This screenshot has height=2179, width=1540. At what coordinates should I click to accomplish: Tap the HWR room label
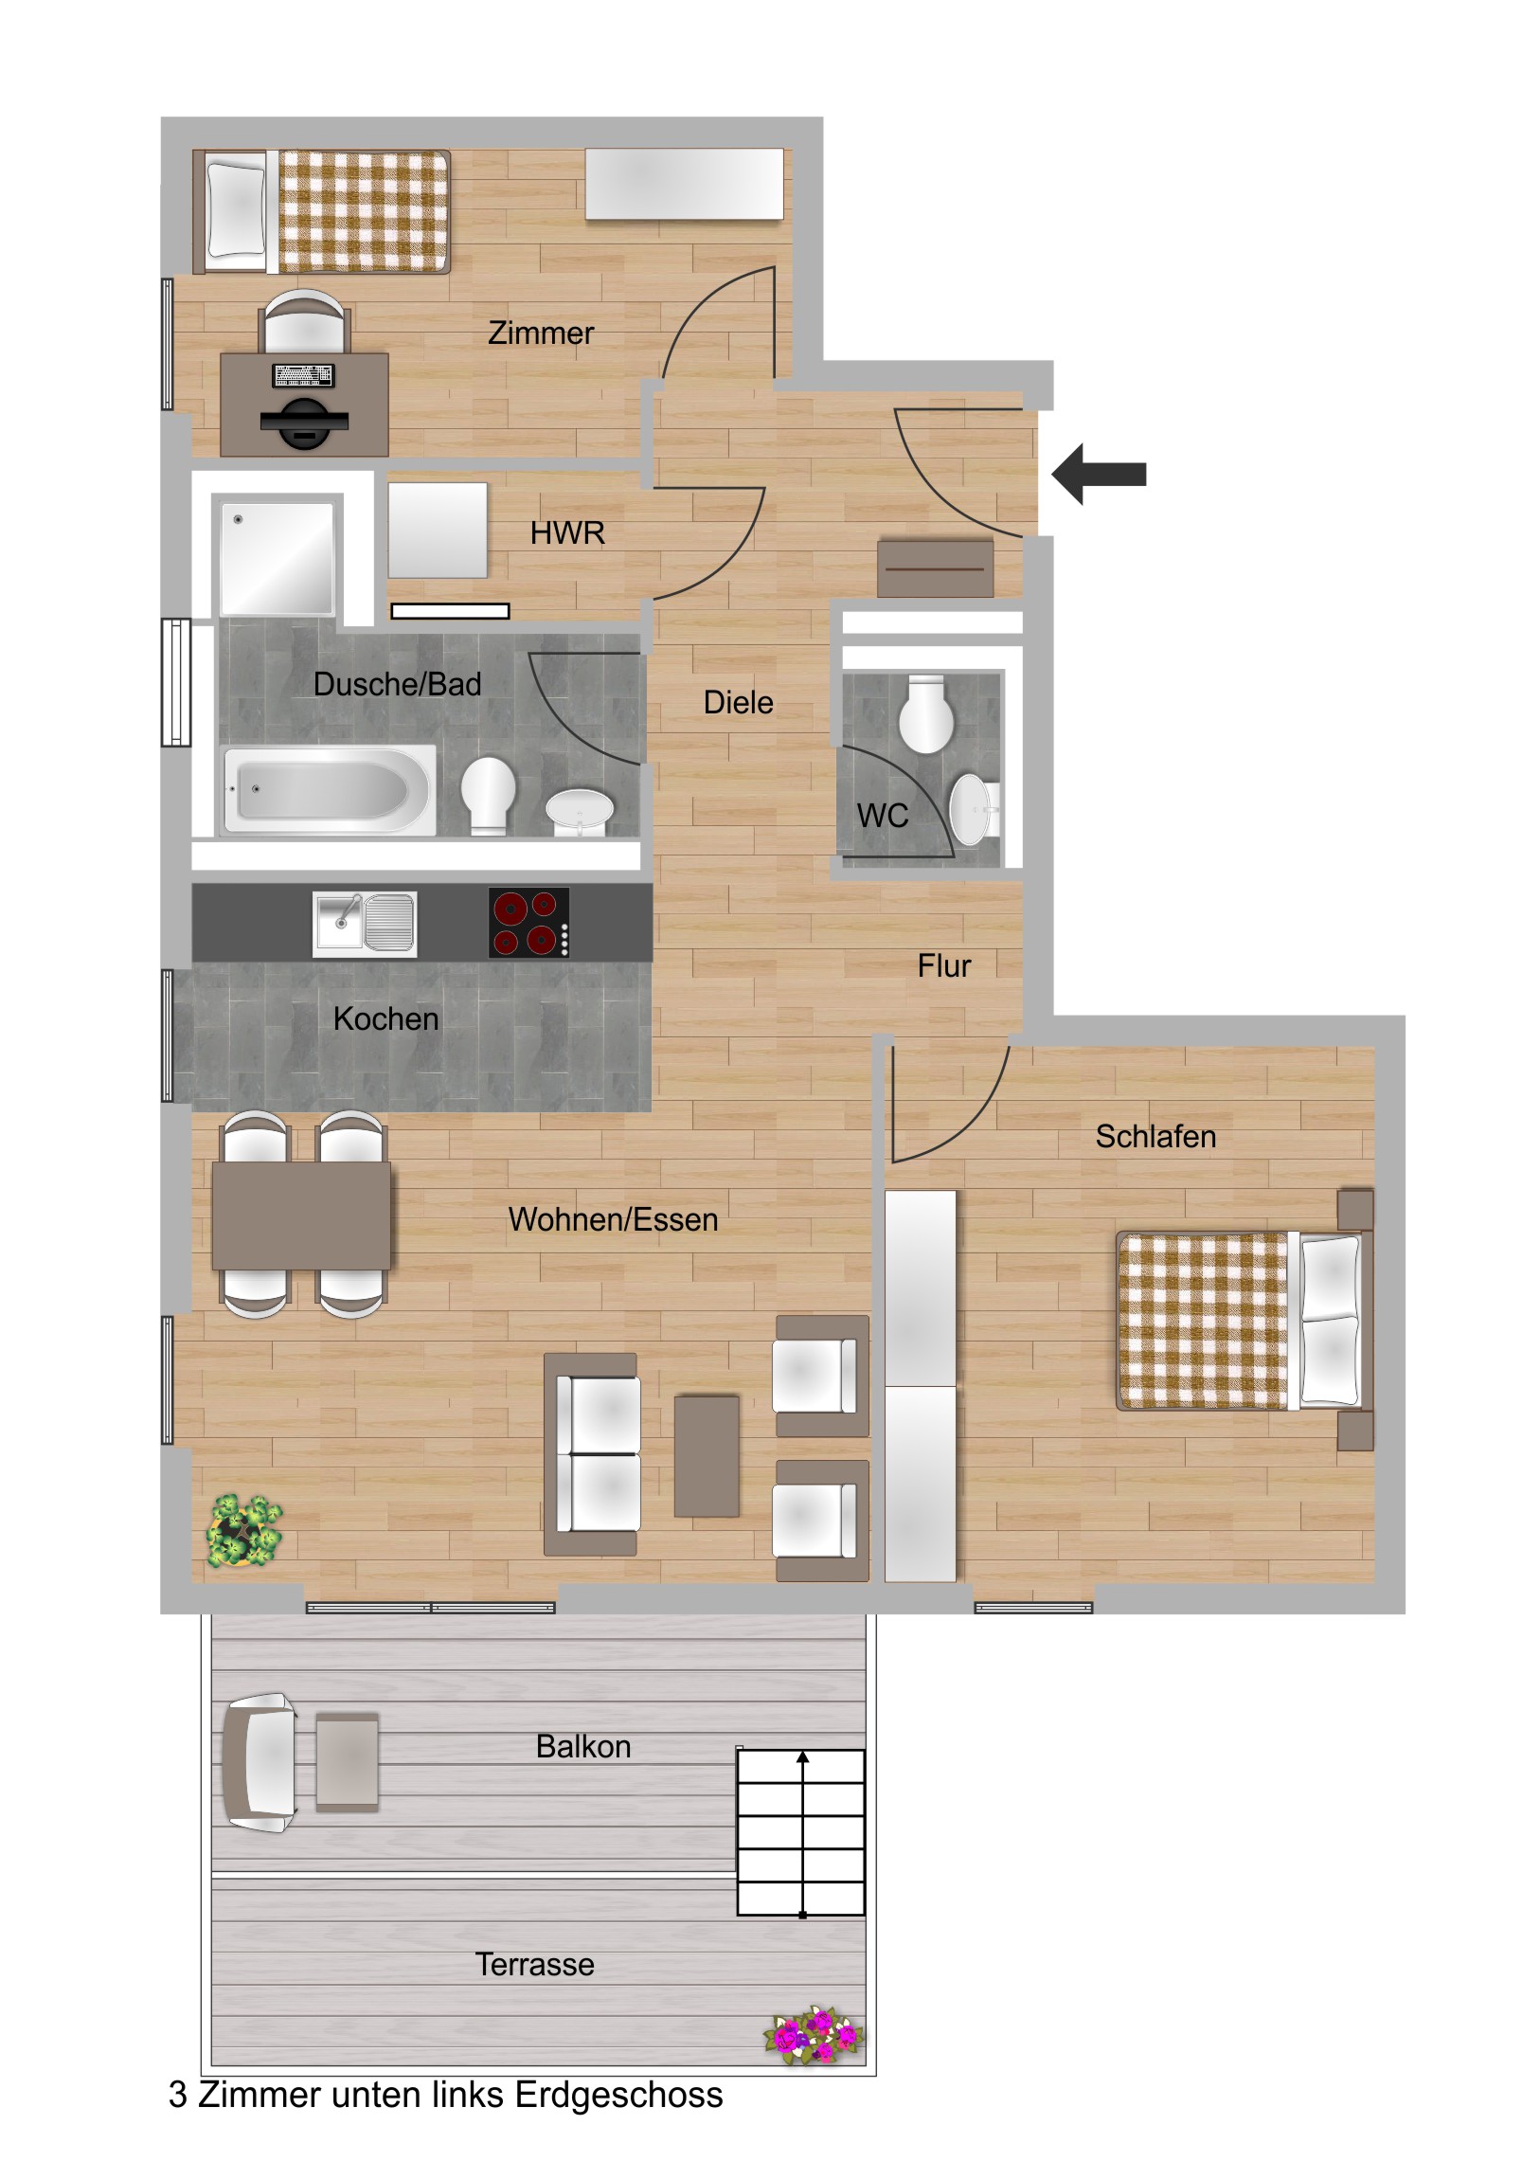coord(567,533)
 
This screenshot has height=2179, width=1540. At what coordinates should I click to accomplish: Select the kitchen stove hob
coord(528,922)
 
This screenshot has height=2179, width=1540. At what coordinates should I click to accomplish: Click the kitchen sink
coord(365,923)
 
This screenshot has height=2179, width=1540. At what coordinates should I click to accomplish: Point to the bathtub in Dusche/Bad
coord(328,789)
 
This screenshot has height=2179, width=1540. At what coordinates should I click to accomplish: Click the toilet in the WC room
coord(926,713)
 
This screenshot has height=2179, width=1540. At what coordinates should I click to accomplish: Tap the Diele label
coord(738,702)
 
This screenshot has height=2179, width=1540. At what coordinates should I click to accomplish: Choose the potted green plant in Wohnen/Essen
coord(244,1530)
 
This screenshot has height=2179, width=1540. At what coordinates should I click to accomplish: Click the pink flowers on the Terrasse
coord(814,2036)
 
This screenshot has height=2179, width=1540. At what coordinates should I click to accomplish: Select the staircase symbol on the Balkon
coord(801,1831)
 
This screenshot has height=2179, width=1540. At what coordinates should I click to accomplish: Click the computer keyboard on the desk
coord(303,376)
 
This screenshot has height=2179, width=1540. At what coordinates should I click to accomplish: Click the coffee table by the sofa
coord(706,1455)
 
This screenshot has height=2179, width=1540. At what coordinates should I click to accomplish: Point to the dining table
coord(301,1215)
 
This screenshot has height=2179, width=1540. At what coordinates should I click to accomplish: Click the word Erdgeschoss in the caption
coord(618,2095)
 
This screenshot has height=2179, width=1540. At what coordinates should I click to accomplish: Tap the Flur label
coord(944,966)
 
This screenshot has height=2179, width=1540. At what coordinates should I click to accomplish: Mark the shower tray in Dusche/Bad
coord(277,558)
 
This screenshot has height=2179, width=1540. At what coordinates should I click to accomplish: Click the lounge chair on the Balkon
coord(260,1762)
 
